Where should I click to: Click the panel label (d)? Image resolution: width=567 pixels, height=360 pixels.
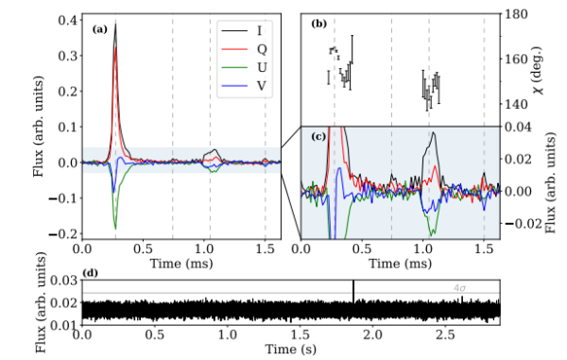pyautogui.click(x=91, y=276)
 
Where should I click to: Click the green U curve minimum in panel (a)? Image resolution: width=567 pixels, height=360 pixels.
pyautogui.click(x=115, y=228)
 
